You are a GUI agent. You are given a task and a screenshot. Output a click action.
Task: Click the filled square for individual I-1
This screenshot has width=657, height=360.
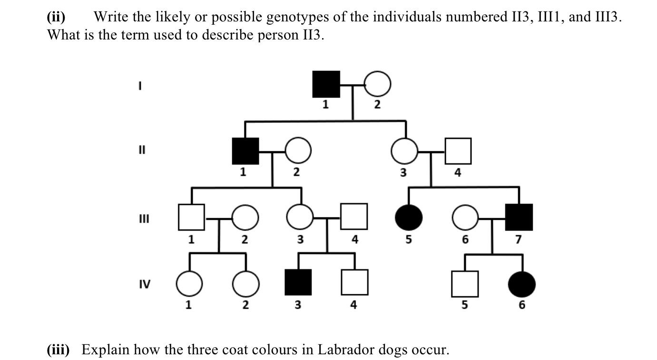[x=326, y=84]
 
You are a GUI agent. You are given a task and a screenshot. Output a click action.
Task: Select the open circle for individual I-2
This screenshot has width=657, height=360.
[x=378, y=84]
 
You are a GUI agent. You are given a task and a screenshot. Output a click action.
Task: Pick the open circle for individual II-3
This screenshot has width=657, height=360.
[x=404, y=151]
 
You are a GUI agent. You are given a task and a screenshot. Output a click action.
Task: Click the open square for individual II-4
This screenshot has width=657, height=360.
[x=458, y=151]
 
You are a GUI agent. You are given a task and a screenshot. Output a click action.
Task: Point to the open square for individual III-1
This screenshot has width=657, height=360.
[x=191, y=217]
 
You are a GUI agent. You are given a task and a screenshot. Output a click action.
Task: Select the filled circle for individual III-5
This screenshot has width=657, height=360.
[x=409, y=217]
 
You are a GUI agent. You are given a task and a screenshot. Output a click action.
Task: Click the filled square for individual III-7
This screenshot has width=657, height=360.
[x=519, y=217]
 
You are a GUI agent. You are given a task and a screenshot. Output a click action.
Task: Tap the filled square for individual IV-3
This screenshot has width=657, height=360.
[x=298, y=282]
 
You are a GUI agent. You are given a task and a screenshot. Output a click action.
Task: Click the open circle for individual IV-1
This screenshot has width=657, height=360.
[x=189, y=284]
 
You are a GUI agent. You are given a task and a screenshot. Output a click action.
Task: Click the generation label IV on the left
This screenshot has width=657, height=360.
[x=144, y=284]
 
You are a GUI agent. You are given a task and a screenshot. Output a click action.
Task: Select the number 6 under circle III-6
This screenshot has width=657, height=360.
[x=465, y=240]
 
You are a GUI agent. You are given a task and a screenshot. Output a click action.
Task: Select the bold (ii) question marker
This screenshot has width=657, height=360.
[x=56, y=18]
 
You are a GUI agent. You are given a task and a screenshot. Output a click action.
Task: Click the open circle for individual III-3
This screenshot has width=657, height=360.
[x=300, y=217]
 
